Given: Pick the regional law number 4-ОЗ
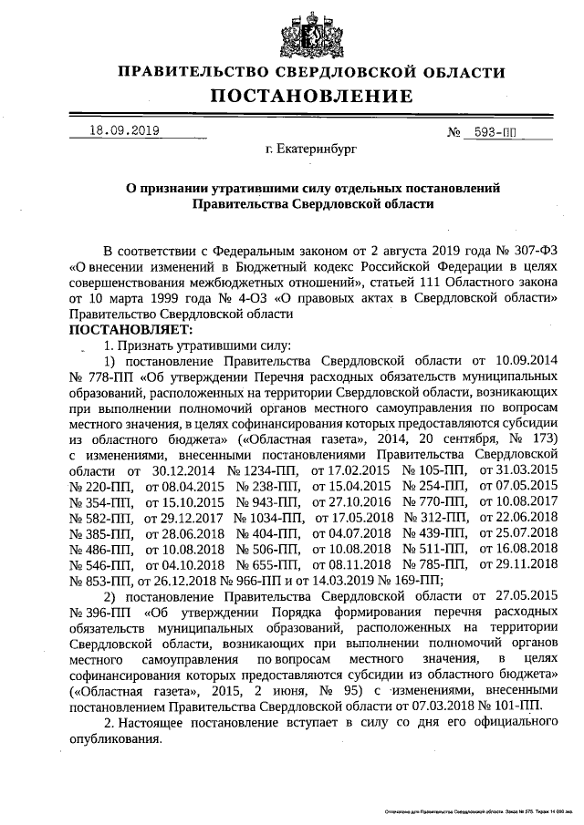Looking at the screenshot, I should (256, 298).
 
